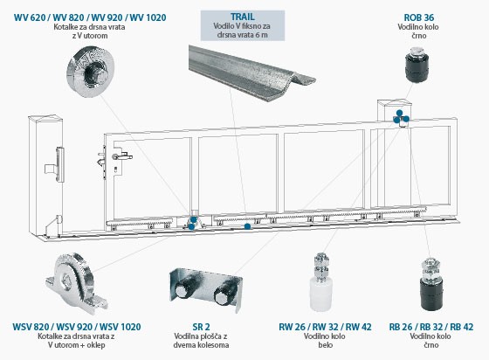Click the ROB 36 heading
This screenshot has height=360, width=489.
pyautogui.click(x=419, y=17)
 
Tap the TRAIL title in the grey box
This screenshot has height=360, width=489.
pyautogui.click(x=243, y=17)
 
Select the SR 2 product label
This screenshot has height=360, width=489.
pyautogui.click(x=201, y=327)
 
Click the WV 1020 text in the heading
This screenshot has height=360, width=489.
pyautogui.click(x=148, y=17)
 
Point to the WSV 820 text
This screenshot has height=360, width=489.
pyautogui.click(x=31, y=327)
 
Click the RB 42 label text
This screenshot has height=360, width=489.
pyautogui.click(x=461, y=327)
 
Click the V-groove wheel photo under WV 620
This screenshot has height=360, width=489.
pyautogui.click(x=91, y=72)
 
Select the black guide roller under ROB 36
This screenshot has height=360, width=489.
pyautogui.click(x=417, y=65)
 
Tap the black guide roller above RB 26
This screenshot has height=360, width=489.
pyautogui.click(x=431, y=283)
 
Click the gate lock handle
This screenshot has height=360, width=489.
pyautogui.click(x=124, y=156)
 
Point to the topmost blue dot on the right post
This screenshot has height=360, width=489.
pyautogui.click(x=399, y=113)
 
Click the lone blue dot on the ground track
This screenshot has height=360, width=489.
pyautogui.click(x=247, y=226)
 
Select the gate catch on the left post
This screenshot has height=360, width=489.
pyautogui.click(x=56, y=165)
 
